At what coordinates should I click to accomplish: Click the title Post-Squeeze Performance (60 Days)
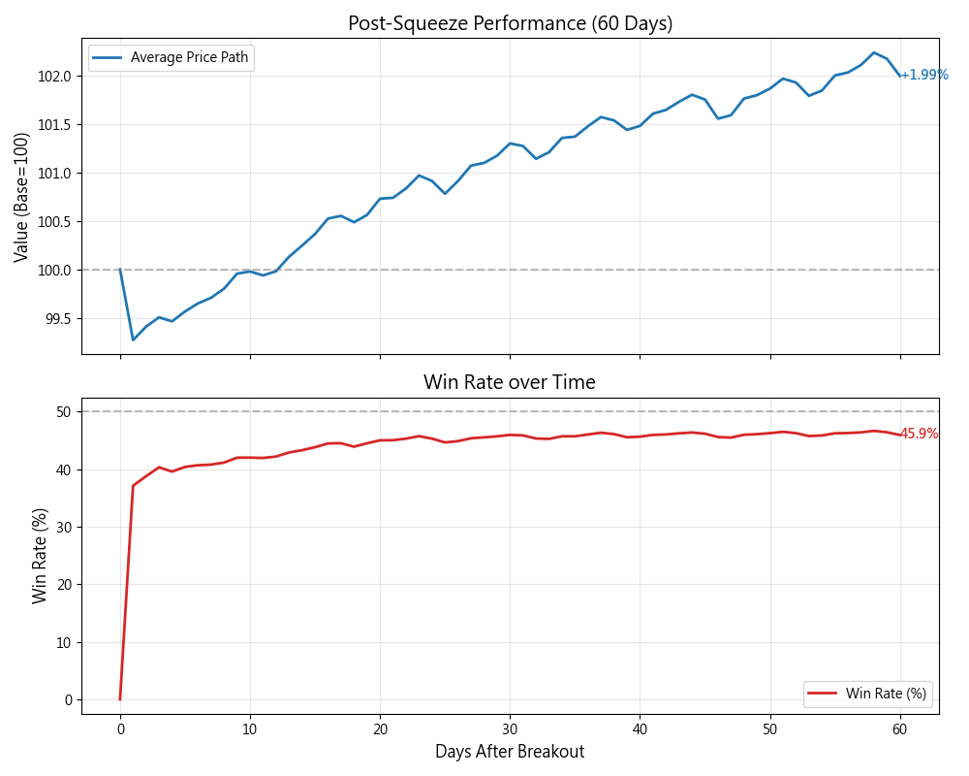tap(510, 23)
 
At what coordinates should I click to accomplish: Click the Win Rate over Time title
tap(510, 382)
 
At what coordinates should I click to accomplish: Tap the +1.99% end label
tap(924, 75)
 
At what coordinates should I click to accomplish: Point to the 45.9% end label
tap(919, 434)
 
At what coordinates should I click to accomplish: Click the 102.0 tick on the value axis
tap(56, 76)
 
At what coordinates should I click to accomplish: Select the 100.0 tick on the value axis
tap(56, 270)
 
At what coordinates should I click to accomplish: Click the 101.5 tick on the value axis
tap(56, 124)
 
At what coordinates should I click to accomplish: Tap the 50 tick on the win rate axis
tap(64, 411)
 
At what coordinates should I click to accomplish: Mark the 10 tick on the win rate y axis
tap(64, 642)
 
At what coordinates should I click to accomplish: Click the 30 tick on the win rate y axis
tap(64, 527)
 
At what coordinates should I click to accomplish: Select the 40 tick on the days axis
tap(640, 728)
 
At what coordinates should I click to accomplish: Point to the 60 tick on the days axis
tap(900, 728)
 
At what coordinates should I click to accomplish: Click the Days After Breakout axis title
tap(510, 752)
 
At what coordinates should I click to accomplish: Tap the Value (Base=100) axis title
tap(21, 197)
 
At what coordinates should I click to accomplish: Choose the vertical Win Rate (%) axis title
tap(40, 556)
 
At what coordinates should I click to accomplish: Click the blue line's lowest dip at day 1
tap(133, 339)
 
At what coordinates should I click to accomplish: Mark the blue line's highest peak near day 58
tap(874, 52)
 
